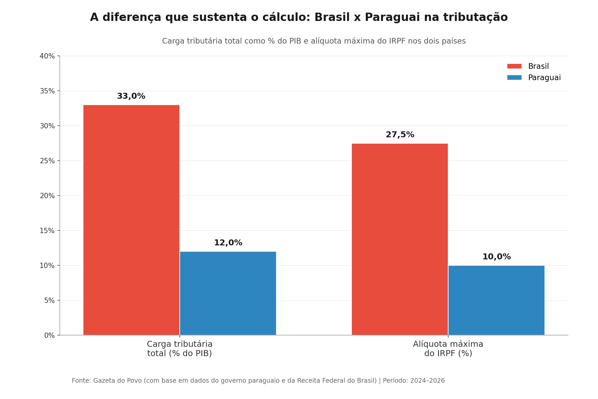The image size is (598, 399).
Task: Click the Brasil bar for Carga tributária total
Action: pyautogui.click(x=131, y=220)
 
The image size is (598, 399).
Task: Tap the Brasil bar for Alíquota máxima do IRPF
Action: pyautogui.click(x=400, y=239)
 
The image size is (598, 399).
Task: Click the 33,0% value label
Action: pyautogui.click(x=131, y=96)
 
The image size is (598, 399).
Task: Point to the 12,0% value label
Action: pyautogui.click(x=228, y=243)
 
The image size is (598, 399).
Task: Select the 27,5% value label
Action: pyautogui.click(x=400, y=135)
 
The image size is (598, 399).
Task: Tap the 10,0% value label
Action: pyautogui.click(x=496, y=257)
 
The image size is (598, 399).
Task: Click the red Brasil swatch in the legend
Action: pyautogui.click(x=514, y=66)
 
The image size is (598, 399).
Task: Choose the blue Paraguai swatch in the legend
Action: pyautogui.click(x=514, y=78)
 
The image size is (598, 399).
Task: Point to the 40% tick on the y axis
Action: pyautogui.click(x=47, y=56)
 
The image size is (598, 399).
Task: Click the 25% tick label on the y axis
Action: pyautogui.click(x=47, y=161)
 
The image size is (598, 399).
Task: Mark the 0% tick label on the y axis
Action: pyautogui.click(x=49, y=335)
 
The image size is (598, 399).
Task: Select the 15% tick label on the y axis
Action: pyautogui.click(x=47, y=231)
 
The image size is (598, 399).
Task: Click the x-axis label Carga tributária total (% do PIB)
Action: pyautogui.click(x=179, y=349)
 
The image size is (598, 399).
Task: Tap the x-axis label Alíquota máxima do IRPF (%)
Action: pyautogui.click(x=448, y=349)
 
